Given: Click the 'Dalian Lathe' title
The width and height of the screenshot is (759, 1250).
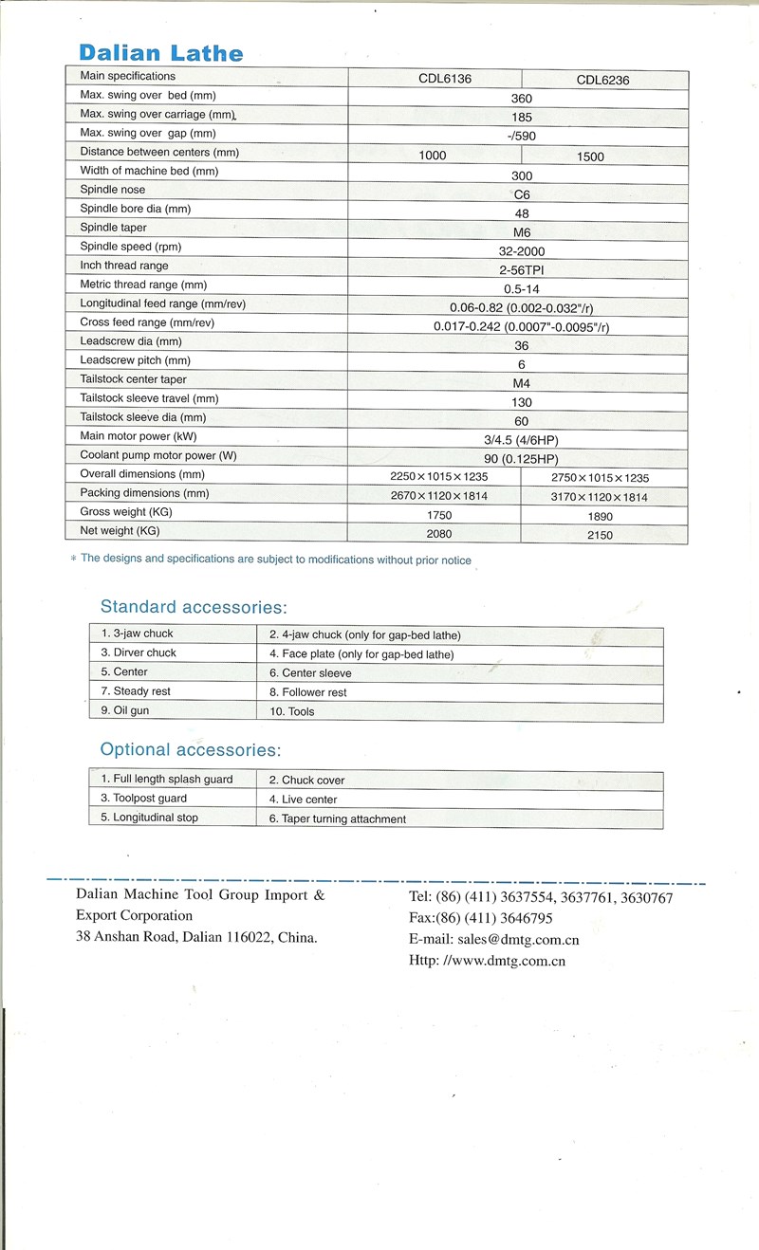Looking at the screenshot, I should pyautogui.click(x=161, y=53).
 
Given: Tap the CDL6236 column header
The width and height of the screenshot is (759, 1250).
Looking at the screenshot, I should pyautogui.click(x=602, y=81).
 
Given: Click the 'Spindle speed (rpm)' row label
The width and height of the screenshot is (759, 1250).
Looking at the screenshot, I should pyautogui.click(x=131, y=247).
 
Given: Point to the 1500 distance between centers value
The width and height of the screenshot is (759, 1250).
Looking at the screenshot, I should pyautogui.click(x=590, y=156).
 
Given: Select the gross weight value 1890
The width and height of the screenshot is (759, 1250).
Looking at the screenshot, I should pyautogui.click(x=601, y=517).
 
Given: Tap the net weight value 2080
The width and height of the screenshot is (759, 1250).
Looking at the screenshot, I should pyautogui.click(x=439, y=534).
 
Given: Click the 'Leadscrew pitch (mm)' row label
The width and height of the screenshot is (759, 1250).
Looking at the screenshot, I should pyautogui.click(x=136, y=360).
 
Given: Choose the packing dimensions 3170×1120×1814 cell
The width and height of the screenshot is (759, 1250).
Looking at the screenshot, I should pyautogui.click(x=600, y=498).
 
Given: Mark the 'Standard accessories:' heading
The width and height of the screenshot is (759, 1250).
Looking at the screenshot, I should pyautogui.click(x=194, y=607).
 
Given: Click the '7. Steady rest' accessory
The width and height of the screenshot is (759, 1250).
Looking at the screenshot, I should pyautogui.click(x=136, y=691).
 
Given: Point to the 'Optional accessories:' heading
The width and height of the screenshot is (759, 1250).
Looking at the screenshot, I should pyautogui.click(x=191, y=750).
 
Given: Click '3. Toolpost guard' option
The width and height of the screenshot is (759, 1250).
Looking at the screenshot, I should pyautogui.click(x=144, y=799).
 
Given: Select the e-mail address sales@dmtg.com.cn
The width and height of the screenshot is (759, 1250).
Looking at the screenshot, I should pyautogui.click(x=520, y=940).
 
